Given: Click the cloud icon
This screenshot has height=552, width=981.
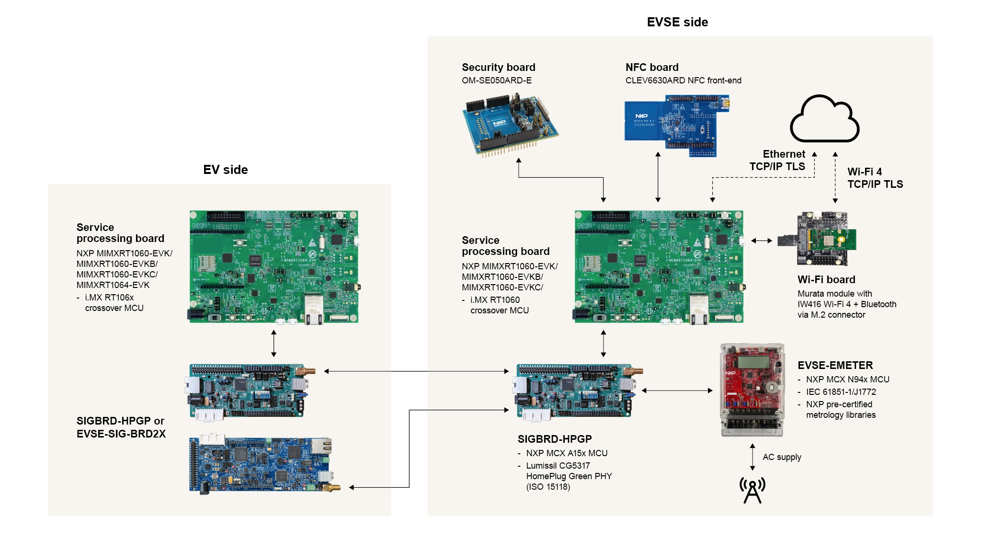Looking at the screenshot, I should click(x=824, y=120).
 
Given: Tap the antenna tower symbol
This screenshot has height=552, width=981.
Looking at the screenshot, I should click(x=753, y=490).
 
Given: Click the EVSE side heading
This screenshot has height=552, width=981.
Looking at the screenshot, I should click(x=677, y=22).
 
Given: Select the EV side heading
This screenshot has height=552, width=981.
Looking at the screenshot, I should click(x=225, y=170).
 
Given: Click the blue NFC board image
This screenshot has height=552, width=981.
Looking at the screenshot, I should click(x=676, y=125).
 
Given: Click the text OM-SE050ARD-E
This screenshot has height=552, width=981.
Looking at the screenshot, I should click(x=496, y=80).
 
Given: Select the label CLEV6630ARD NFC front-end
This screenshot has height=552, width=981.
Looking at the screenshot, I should click(x=683, y=80).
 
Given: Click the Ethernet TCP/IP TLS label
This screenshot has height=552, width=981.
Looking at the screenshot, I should click(x=777, y=160).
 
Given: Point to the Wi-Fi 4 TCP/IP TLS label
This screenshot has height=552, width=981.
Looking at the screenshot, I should click(x=875, y=178).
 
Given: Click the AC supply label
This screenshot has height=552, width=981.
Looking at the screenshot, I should click(x=782, y=457).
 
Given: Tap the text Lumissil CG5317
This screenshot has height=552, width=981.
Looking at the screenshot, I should click(x=558, y=466).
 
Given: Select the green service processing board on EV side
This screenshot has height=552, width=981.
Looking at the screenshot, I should click(x=274, y=266).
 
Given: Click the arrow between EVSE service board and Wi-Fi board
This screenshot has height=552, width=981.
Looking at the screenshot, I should click(x=762, y=241).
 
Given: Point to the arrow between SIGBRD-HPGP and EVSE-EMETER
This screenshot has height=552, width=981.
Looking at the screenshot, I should click(x=677, y=391).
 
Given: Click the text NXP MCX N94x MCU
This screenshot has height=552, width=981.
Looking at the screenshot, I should click(x=847, y=379).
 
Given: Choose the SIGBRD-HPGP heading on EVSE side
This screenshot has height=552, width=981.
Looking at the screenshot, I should click(x=554, y=439).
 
